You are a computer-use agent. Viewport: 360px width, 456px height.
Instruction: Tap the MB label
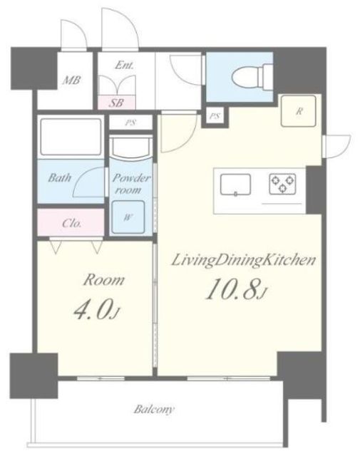71,80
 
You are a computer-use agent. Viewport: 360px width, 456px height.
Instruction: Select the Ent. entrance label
124,65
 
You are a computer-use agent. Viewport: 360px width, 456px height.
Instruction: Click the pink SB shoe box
116,103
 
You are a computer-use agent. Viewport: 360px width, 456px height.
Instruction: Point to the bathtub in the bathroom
71,137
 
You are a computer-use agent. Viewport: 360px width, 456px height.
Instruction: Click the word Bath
60,177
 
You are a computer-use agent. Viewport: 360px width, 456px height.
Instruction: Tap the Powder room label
131,184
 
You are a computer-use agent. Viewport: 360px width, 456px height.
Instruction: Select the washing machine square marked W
128,217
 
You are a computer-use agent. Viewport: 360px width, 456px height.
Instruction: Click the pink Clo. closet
71,222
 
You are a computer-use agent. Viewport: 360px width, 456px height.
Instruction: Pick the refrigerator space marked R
298,111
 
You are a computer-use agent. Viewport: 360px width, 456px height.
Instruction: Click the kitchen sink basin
235,185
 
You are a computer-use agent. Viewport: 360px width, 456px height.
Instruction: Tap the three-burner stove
282,184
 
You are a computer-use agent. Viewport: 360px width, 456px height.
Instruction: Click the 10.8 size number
236,289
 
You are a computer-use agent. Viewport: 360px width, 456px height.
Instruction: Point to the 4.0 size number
96,311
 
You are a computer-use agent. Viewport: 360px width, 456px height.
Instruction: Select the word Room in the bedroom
104,280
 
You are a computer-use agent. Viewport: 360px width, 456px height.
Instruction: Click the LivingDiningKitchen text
243,260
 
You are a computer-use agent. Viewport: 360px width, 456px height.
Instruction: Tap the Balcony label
154,410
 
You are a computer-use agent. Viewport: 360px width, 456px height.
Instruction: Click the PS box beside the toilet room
215,116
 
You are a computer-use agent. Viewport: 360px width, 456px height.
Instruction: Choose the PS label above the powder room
130,123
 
